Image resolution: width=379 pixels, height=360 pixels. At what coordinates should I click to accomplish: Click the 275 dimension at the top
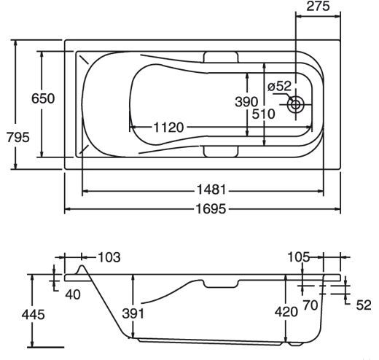[318, 7]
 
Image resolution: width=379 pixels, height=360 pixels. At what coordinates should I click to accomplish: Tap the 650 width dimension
[43, 98]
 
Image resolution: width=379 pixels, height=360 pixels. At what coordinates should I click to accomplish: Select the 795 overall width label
[17, 137]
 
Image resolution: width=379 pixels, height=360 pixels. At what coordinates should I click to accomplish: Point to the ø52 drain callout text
[279, 86]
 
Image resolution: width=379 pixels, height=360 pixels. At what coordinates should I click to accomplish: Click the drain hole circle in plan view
[296, 105]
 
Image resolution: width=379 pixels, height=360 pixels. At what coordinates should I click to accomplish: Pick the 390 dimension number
[246, 102]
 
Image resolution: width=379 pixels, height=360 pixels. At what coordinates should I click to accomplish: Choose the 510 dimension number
[263, 114]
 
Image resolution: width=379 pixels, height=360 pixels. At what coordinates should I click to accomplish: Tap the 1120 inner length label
[168, 128]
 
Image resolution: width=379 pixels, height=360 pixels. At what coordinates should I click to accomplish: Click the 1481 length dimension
[211, 189]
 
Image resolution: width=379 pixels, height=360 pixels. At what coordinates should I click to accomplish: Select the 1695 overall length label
[211, 209]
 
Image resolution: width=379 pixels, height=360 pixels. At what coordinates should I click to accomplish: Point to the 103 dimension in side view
[109, 257]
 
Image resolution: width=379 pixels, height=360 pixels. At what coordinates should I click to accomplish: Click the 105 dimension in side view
[299, 257]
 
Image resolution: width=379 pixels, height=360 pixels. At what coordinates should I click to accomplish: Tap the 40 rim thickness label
[73, 295]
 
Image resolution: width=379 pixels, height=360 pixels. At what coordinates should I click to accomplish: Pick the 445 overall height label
[34, 315]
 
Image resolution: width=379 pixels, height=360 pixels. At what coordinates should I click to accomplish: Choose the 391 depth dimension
[133, 313]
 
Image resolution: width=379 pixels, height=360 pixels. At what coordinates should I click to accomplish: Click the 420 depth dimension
[286, 312]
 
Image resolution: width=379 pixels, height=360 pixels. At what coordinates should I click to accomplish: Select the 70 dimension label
[310, 305]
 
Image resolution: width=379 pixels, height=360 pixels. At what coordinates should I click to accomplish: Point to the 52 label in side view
[364, 305]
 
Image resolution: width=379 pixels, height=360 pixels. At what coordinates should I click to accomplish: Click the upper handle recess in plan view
[221, 57]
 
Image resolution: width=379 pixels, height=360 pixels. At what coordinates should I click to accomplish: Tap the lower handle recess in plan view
[221, 152]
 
